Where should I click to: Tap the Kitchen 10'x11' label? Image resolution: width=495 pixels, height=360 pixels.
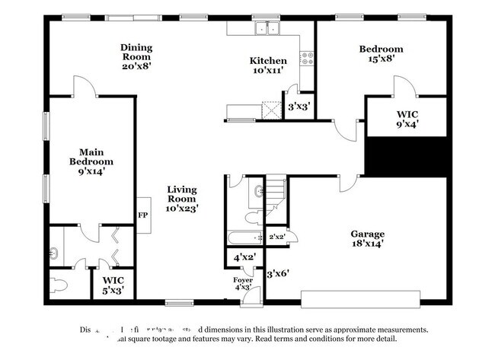[268, 65]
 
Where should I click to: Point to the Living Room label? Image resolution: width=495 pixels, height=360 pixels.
[183, 198]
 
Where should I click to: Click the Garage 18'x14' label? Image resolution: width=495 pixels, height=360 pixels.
[367, 238]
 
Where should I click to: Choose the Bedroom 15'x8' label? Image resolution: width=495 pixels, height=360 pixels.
[381, 54]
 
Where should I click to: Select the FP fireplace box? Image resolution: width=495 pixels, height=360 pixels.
[142, 215]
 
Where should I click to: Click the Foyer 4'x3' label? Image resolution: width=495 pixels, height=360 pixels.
[243, 284]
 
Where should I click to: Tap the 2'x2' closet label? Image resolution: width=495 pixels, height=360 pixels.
[277, 237]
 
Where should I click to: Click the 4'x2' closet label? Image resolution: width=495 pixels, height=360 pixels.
[243, 258]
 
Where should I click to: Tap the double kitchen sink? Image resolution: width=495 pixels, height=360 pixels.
[267, 29]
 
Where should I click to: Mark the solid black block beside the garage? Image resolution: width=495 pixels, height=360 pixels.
[407, 156]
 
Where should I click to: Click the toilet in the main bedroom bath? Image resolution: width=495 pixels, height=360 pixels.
[59, 285]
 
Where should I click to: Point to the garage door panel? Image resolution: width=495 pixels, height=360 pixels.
[359, 297]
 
